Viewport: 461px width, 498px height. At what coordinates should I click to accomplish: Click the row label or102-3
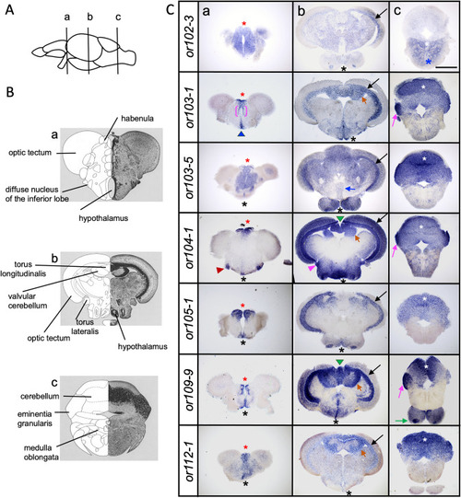pos(190,37)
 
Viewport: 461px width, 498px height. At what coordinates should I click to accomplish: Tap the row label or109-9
pos(190,389)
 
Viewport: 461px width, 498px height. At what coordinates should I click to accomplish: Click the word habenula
pos(137,119)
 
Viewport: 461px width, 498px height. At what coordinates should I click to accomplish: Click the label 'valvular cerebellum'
pos(28,301)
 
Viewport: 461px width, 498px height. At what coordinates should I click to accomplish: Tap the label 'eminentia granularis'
pos(35,419)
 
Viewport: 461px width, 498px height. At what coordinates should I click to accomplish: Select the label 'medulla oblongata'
pos(38,453)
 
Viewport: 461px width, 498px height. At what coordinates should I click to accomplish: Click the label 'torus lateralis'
pos(85,327)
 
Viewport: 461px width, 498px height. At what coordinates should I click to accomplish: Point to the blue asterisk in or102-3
pos(429,62)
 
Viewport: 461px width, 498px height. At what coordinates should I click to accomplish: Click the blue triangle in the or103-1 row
pos(242,134)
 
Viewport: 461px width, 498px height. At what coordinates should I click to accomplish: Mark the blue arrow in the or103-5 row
pos(350,189)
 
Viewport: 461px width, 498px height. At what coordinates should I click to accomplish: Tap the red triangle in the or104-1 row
pos(219,270)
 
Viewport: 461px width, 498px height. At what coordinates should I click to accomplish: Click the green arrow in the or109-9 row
pos(401,421)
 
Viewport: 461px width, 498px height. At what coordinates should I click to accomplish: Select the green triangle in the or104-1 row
pos(340,218)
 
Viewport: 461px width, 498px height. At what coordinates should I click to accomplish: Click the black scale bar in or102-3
pos(446,67)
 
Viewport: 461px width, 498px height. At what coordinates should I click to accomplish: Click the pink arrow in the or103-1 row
pos(396,121)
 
